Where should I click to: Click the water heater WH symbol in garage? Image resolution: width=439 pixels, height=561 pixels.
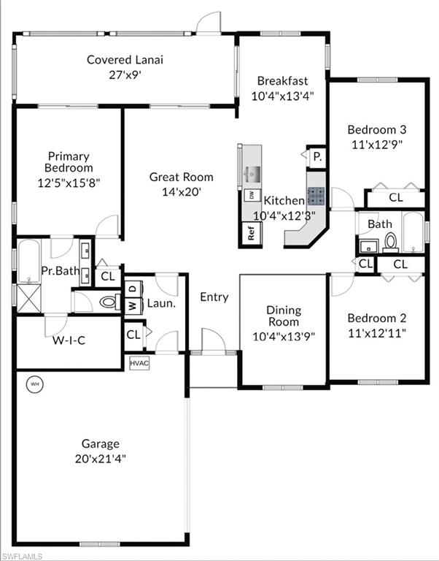coord(34,383)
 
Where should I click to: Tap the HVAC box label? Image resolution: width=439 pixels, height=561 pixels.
coord(139,362)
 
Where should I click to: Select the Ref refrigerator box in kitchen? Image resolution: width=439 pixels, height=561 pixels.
coord(252,234)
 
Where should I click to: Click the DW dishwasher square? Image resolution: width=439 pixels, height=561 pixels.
coord(251,195)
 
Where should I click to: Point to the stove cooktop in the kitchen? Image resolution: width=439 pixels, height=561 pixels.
coord(316,195)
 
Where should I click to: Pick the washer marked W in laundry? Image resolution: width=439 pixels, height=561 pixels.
coord(133,305)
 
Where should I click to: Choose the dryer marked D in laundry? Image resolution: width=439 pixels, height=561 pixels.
coord(133,287)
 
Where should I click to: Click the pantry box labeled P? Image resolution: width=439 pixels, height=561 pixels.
coord(317,156)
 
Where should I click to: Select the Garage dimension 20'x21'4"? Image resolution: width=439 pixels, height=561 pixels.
coord(101,458)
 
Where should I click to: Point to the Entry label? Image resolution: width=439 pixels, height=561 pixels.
coord(214,297)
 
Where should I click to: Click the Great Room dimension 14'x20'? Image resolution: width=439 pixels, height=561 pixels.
coord(181,191)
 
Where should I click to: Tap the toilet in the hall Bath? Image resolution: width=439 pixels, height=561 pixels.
coord(390,242)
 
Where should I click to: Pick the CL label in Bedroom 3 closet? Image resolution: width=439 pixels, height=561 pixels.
coord(395,197)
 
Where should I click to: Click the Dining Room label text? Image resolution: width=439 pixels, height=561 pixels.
coord(283,316)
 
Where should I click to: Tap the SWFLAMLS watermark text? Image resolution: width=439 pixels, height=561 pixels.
coord(22,555)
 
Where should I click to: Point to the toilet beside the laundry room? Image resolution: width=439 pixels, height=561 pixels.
coord(109,301)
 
